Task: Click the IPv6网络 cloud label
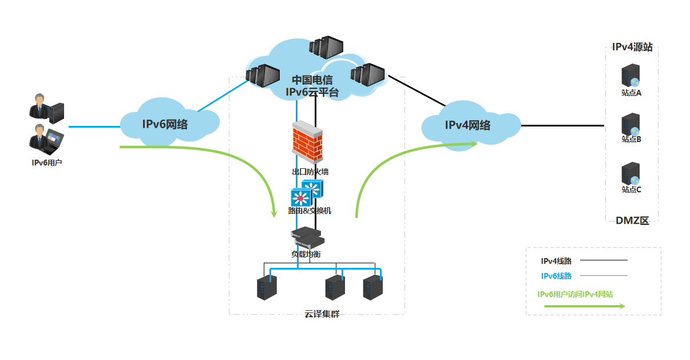coord(165,124)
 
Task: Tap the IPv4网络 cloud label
coord(467,125)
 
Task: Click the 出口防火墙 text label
coord(310,171)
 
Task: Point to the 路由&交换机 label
coord(310,211)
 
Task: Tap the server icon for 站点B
coord(630,124)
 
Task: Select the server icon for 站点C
coord(630,173)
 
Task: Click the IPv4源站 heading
coord(632,48)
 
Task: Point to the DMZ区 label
coord(632,221)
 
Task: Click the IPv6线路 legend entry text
coord(557,276)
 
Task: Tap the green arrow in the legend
coord(584,306)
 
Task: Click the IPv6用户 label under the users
coord(47,163)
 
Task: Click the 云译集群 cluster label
coord(322,314)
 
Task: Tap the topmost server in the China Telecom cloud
coord(326,48)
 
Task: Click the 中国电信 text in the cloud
coord(312,80)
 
